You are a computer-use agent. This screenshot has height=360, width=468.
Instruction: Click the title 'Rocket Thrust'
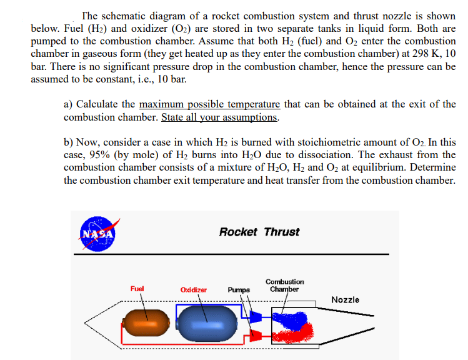(x=259, y=232)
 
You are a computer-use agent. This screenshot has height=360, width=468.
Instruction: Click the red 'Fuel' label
(x=137, y=289)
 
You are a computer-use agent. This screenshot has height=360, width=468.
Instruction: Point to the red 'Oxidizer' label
(x=193, y=290)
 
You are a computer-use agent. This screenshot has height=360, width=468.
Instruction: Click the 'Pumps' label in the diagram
(x=239, y=290)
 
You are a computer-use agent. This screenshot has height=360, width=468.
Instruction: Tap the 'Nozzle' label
(x=345, y=299)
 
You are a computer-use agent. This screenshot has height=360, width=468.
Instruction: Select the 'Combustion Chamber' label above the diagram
(x=284, y=286)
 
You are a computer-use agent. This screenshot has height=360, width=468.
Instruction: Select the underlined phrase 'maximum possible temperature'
(x=209, y=104)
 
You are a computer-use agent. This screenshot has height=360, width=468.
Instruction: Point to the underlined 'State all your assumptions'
(x=219, y=117)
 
